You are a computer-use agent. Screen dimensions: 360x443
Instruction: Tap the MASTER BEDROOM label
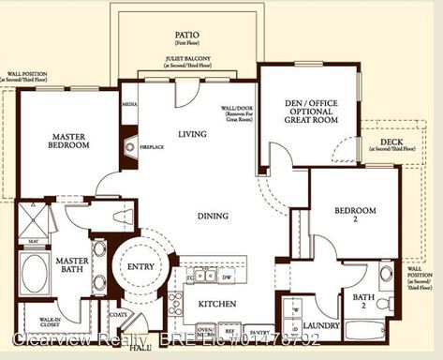point(70,140)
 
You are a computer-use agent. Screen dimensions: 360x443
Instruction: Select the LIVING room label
point(193,134)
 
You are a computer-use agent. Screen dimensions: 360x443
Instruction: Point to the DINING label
point(214,217)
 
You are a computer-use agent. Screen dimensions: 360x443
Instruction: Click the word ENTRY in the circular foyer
point(140,267)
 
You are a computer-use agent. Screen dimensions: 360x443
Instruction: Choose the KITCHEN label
point(216,305)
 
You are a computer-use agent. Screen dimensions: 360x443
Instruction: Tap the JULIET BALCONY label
point(186,62)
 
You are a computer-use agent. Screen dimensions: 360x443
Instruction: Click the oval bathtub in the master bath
point(36,273)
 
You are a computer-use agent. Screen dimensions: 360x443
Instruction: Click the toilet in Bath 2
point(383,304)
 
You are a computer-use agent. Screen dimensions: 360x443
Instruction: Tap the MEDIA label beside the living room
point(129,104)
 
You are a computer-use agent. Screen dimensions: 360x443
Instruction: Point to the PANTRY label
point(259,333)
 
